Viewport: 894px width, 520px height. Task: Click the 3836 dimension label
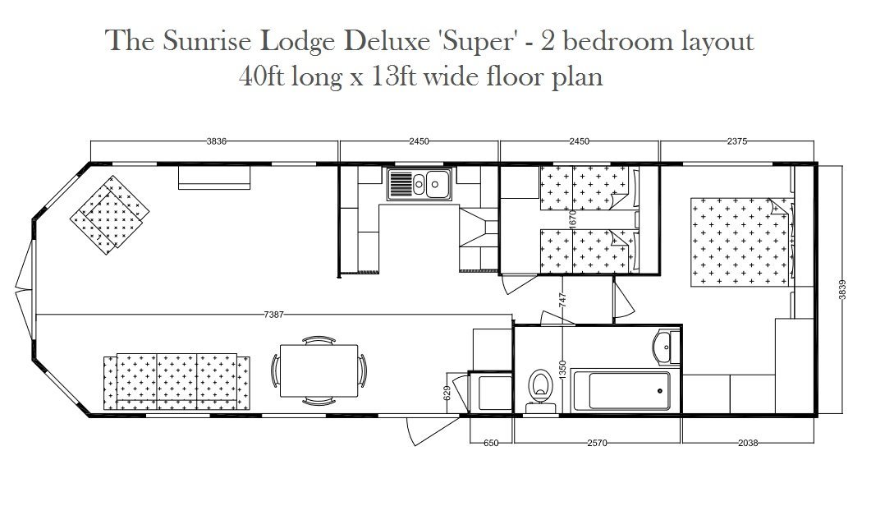(217, 141)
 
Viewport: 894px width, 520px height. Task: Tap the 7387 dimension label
(273, 315)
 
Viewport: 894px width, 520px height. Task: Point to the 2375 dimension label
(736, 141)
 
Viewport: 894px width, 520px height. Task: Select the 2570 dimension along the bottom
(597, 443)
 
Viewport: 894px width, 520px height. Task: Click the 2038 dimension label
(748, 443)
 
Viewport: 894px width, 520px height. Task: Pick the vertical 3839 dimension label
(842, 289)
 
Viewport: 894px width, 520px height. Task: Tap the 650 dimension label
(490, 443)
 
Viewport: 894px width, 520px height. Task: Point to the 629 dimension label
(447, 393)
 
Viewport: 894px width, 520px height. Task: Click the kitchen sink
(419, 184)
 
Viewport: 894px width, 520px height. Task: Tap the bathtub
(621, 391)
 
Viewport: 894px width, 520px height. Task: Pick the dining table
(319, 370)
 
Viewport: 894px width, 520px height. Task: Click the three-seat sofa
(177, 382)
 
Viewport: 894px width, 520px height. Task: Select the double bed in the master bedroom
(741, 242)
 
